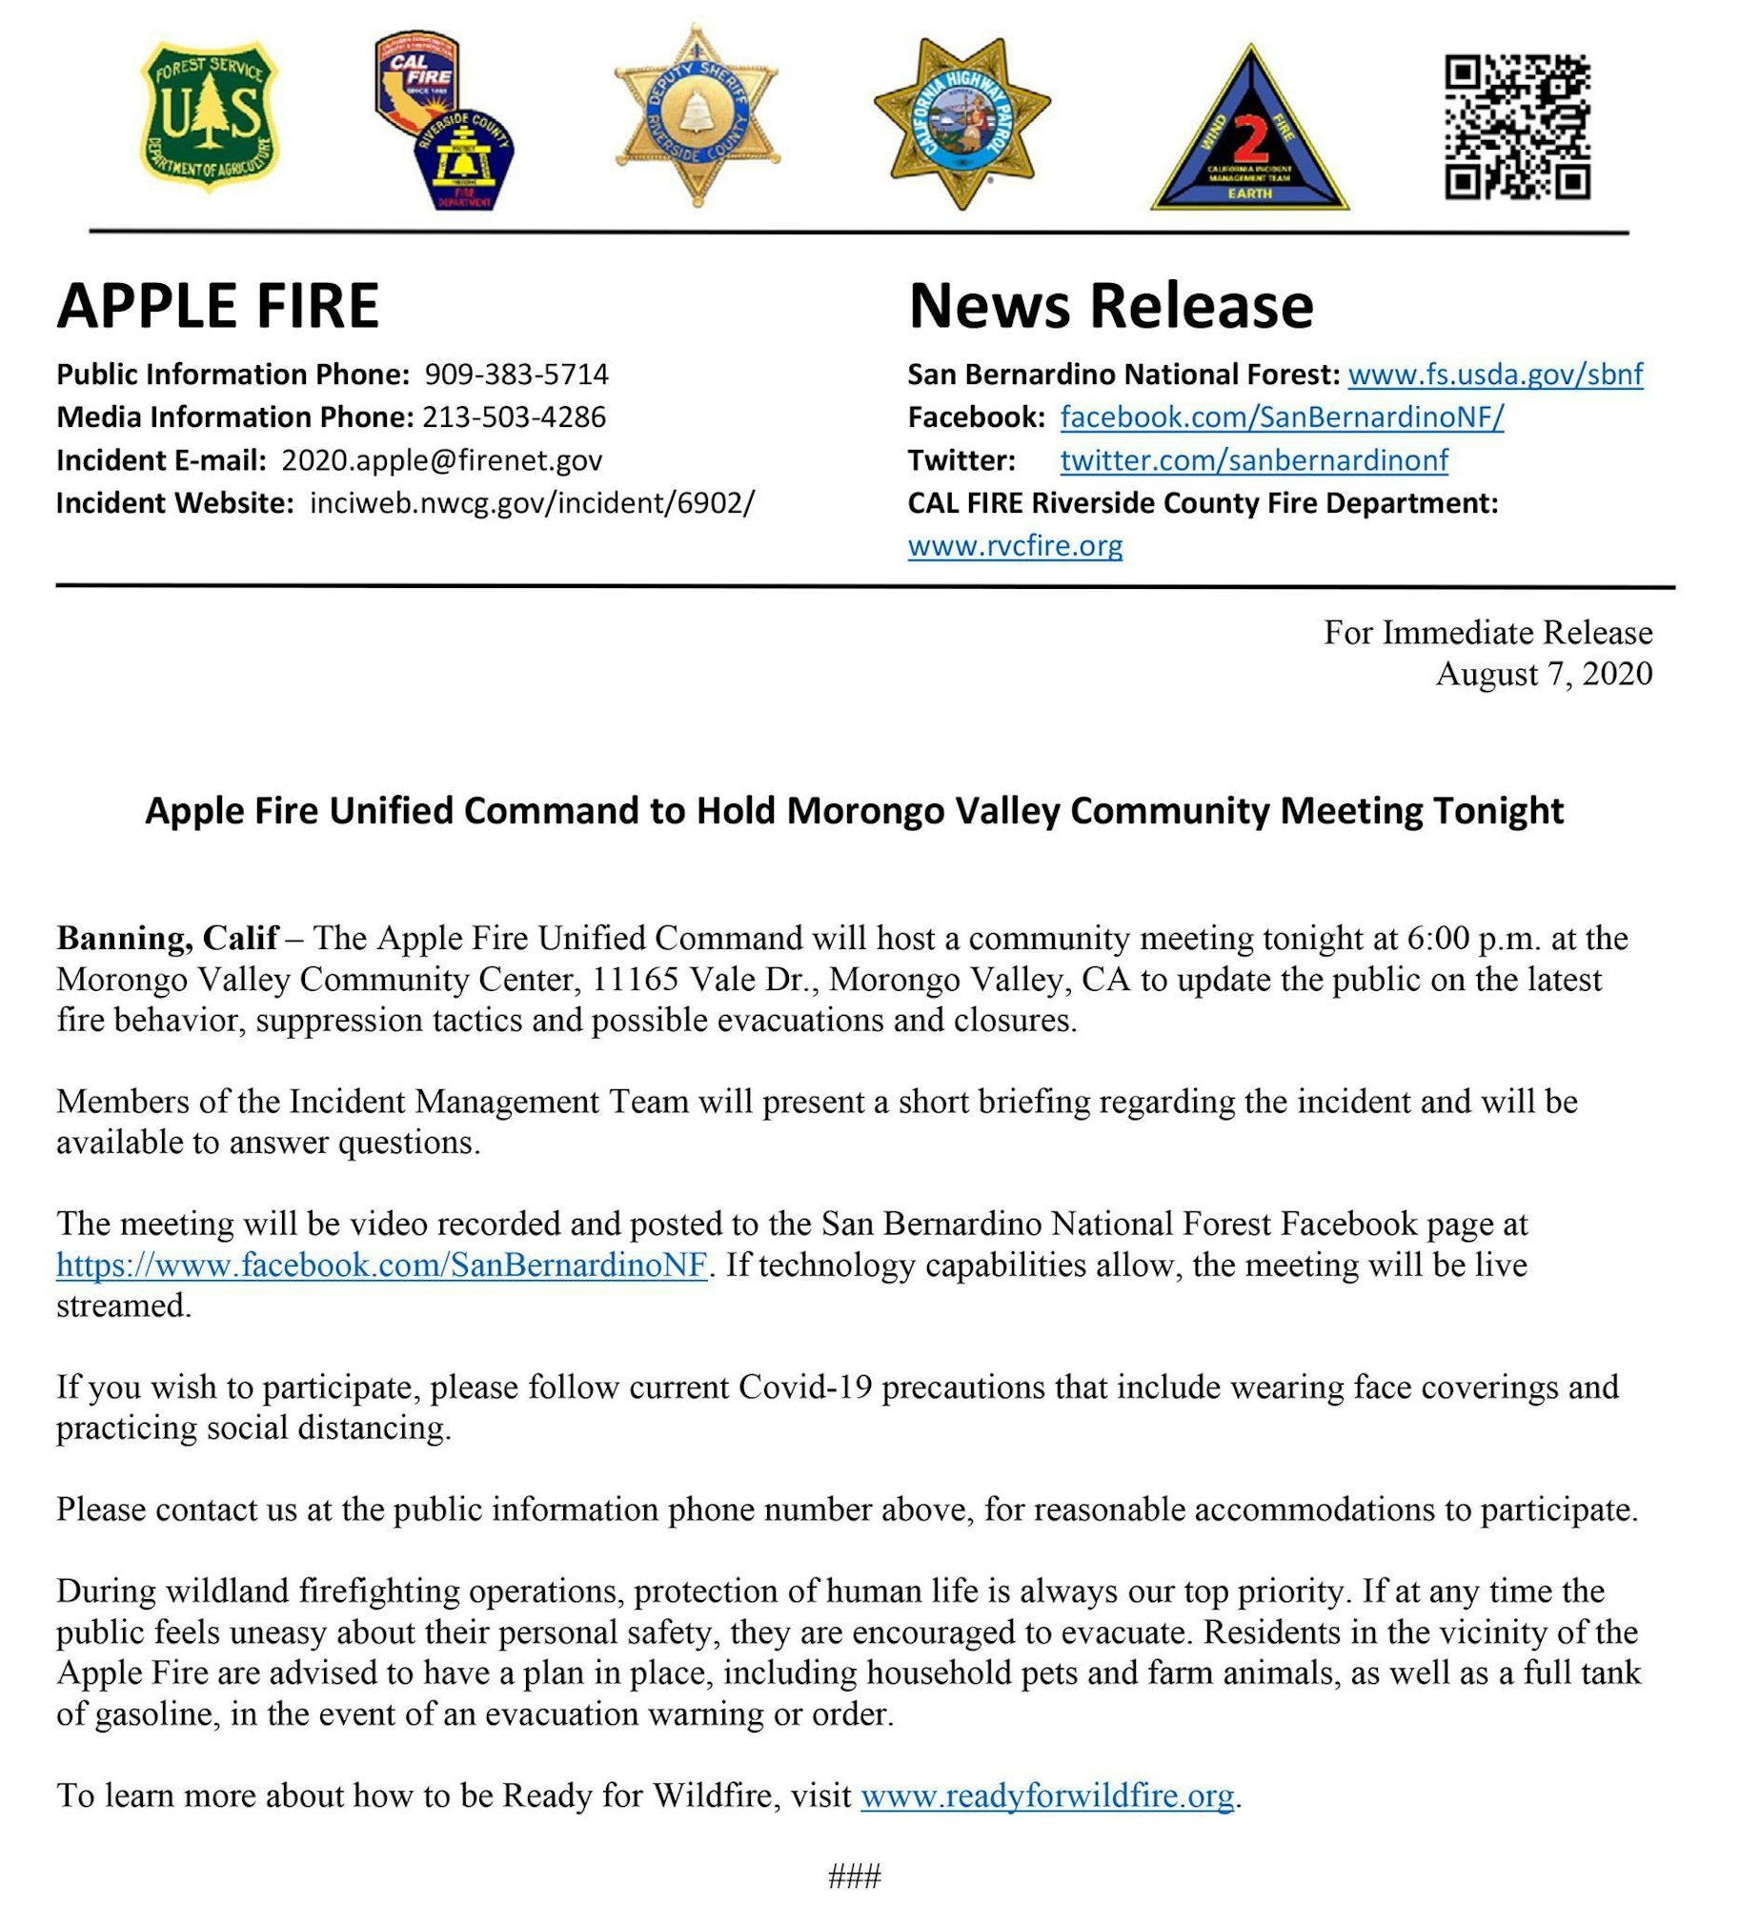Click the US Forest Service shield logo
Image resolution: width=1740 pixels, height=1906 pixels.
pos(210,116)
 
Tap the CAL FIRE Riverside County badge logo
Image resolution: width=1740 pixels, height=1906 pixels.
pos(444,120)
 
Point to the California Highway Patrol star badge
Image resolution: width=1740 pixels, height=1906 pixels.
pos(961,122)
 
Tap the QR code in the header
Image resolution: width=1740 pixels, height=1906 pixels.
pos(1517,126)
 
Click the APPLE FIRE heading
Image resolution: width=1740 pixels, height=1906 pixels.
pos(218,306)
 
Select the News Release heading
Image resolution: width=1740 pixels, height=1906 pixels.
pos(1111,306)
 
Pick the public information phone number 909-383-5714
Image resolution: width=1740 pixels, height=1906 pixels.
pos(516,374)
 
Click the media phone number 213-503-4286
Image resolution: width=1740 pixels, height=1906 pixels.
pos(514,416)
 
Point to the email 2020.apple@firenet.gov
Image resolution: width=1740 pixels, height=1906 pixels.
pos(442,460)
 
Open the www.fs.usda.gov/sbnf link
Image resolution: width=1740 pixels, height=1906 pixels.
pos(1495,374)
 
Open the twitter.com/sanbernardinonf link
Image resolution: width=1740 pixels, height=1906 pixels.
pos(1254,460)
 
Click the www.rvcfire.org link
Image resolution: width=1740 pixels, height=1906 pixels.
pos(1015,546)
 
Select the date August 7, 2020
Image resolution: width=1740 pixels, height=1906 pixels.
pos(1544,674)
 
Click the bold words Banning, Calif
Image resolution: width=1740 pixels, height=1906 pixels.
pos(168,938)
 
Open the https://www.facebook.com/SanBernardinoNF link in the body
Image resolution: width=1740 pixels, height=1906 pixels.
pos(381,1265)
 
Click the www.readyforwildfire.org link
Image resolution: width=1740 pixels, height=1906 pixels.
pos(1047,1795)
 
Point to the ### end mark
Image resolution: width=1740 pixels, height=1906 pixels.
pos(855,1876)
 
